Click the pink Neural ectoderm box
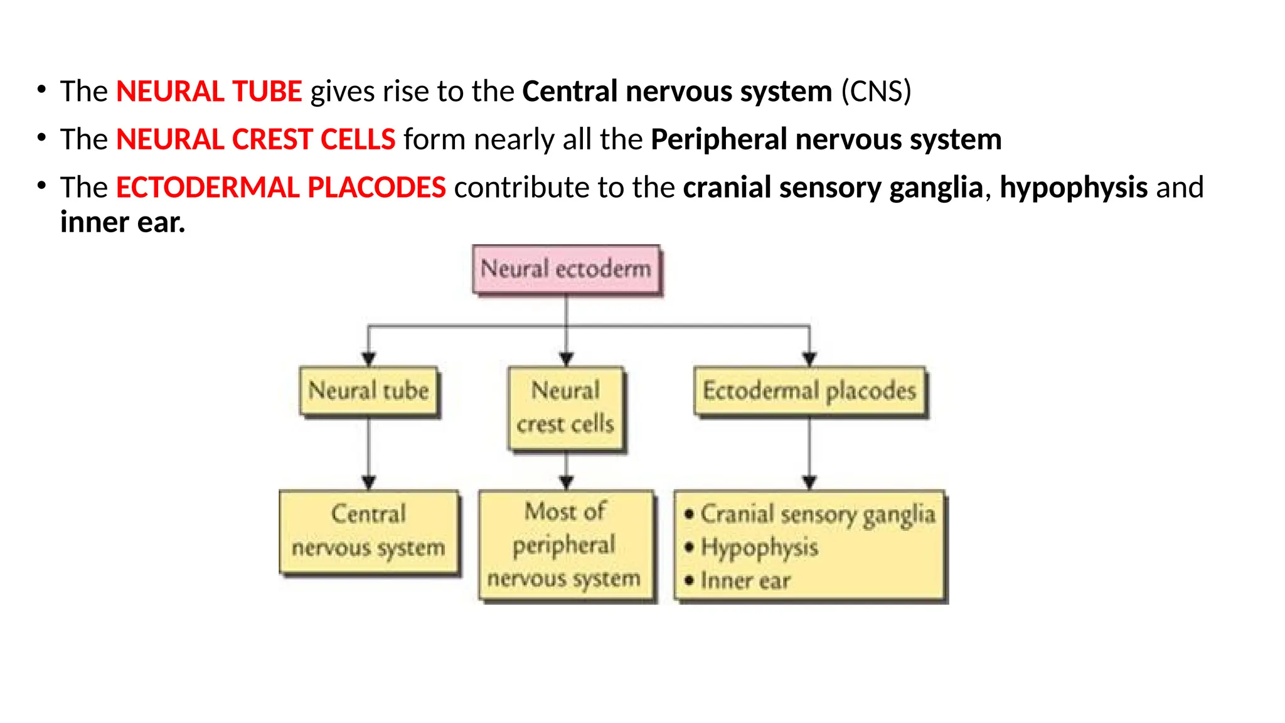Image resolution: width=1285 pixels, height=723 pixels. pos(566,269)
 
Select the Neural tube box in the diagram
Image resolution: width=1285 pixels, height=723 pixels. pos(369,391)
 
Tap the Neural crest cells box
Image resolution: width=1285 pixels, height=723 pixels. pos(566,408)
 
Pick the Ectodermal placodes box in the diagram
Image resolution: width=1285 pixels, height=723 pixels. pos(809,391)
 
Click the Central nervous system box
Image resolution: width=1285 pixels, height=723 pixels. pos(369,531)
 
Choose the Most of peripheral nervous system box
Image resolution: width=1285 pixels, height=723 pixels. pos(566,545)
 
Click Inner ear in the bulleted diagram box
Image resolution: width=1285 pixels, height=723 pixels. pos(745,581)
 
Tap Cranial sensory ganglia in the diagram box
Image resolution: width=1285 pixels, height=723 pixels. pos(818,515)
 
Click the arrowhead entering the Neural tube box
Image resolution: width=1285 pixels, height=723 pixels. pos(369,359)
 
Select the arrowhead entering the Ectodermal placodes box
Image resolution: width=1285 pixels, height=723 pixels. pos(809,359)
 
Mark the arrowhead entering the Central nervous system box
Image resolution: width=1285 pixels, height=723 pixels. pos(369,482)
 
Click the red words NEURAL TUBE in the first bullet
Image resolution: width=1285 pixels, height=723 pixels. pos(209,92)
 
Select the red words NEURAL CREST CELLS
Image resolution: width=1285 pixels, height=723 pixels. pos(255,139)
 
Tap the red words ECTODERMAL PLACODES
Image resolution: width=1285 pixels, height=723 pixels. pos(280,188)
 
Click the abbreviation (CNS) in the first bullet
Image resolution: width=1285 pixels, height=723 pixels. pos(876,92)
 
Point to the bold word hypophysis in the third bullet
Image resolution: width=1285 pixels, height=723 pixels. pos(1074,188)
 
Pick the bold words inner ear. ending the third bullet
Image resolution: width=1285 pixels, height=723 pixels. pos(123,223)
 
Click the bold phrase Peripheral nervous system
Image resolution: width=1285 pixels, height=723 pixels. pos(826,139)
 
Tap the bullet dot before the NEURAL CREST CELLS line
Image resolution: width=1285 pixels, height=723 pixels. pos(41,137)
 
